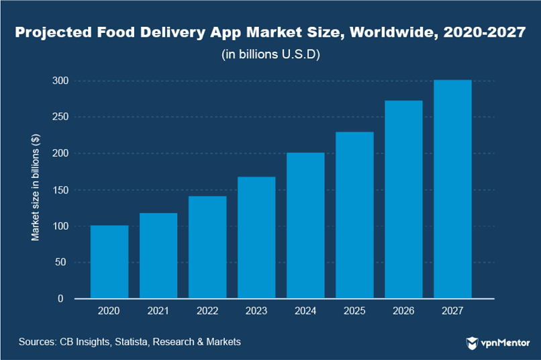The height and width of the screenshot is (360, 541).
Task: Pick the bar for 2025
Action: pos(354,215)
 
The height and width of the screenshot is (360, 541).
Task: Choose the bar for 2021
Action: pos(158,256)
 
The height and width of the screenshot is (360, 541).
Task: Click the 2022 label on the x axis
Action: pos(207,312)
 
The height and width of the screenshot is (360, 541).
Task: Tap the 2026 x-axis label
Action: pos(403,312)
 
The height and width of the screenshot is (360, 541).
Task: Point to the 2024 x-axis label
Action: pos(305,312)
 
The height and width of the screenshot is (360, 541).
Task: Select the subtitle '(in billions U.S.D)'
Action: pos(270,54)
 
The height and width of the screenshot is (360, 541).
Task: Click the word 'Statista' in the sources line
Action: pos(132,342)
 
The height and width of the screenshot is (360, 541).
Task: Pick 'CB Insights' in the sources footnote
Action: pos(85,342)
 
